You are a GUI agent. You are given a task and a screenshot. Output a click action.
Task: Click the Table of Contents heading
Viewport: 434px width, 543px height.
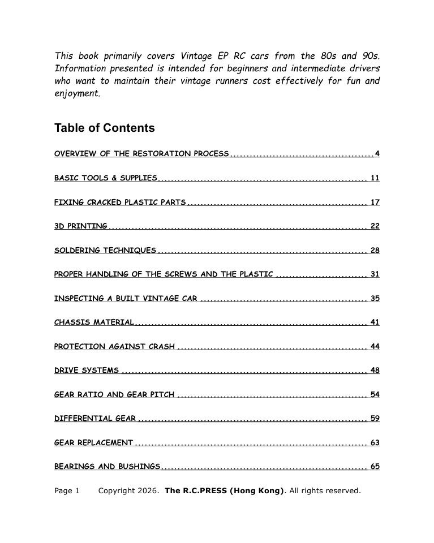(x=104, y=128)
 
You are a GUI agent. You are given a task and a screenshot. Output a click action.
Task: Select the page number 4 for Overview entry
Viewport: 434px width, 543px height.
(x=377, y=154)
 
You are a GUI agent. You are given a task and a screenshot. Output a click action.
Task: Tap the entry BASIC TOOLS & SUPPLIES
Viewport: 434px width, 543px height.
(x=105, y=178)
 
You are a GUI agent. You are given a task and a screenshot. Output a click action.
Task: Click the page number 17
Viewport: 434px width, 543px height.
(x=375, y=202)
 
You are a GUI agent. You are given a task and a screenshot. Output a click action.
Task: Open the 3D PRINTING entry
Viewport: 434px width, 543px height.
(x=80, y=226)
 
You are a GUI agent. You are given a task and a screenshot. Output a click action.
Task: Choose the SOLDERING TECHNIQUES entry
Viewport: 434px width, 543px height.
(x=105, y=250)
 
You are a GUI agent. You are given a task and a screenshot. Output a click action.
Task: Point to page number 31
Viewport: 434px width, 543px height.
(x=375, y=274)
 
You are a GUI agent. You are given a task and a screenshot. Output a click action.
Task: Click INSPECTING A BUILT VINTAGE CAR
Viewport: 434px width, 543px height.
(x=126, y=299)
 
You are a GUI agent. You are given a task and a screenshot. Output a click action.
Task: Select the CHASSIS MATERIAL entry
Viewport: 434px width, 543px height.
(x=94, y=322)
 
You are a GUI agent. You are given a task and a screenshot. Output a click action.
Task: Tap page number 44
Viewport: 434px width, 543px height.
(x=375, y=346)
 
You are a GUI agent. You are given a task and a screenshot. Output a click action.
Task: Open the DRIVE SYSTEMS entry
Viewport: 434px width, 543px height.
(x=87, y=370)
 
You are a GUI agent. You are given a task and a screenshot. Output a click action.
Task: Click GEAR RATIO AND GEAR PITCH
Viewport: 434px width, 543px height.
(x=114, y=394)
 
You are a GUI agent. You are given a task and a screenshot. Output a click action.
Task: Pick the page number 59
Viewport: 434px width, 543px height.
(x=375, y=419)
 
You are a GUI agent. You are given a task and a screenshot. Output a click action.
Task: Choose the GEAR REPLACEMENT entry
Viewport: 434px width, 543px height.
(x=94, y=442)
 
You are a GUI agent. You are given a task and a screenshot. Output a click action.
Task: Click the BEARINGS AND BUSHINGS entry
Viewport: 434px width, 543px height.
(x=108, y=467)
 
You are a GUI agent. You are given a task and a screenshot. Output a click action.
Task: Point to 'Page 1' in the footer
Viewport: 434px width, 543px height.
(x=67, y=490)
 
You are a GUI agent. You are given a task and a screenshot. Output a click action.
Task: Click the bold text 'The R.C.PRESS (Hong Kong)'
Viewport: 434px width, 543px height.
(x=224, y=490)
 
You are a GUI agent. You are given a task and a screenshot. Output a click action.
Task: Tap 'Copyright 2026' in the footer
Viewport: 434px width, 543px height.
(x=128, y=490)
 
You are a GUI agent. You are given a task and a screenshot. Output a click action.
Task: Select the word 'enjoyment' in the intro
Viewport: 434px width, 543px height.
(x=77, y=94)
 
